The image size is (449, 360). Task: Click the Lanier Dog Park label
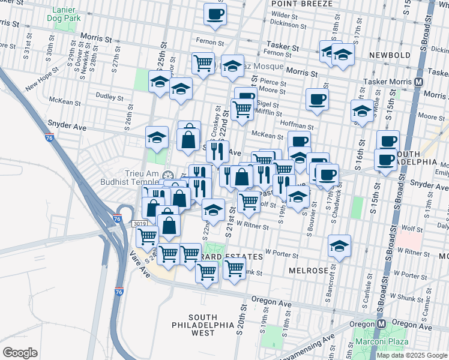tap(64, 14)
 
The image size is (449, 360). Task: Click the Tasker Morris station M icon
tap(418, 82)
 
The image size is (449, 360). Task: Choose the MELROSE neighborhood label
tap(308, 270)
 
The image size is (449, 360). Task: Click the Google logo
tap(20, 352)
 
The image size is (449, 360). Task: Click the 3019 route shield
tap(138, 223)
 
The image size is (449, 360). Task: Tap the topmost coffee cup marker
tap(215, 13)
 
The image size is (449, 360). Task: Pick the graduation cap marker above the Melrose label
tap(339, 246)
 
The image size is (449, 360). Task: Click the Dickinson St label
tap(283, 23)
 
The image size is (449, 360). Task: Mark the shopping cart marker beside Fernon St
tap(203, 62)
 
